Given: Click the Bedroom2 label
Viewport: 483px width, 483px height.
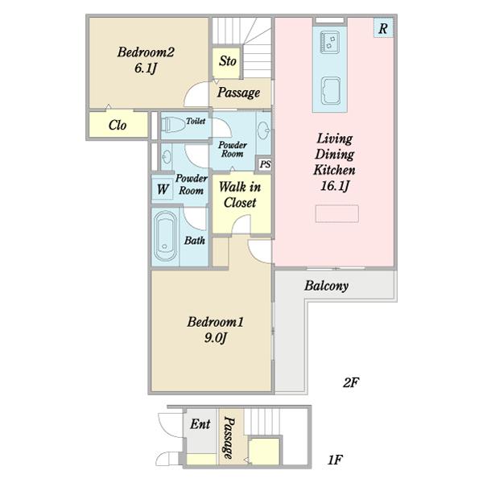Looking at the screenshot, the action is (146, 52).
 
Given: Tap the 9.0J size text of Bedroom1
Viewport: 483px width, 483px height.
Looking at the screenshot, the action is (215, 338).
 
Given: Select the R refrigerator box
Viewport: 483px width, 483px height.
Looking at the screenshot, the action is (383, 28).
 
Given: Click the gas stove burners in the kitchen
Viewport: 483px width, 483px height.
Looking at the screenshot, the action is (329, 42).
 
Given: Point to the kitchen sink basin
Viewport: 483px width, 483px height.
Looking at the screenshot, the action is (331, 90).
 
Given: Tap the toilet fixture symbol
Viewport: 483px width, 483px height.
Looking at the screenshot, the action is (172, 125).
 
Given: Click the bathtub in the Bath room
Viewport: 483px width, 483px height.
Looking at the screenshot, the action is (165, 236).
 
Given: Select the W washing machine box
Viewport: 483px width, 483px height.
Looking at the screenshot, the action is (163, 189).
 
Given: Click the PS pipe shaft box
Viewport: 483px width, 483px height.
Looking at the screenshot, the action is (265, 164).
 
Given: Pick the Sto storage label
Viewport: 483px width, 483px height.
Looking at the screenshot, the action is (228, 61).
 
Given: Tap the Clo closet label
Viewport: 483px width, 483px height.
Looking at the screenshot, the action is (118, 125).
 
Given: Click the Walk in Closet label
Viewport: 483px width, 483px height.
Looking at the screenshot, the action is (240, 194).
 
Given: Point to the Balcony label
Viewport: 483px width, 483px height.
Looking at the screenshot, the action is (326, 286).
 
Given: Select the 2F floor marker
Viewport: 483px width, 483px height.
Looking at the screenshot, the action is (351, 382).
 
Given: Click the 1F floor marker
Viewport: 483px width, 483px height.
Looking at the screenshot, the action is (335, 460).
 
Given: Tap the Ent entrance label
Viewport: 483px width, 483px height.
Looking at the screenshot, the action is (200, 424).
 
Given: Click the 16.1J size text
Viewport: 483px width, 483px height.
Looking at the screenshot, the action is (335, 186).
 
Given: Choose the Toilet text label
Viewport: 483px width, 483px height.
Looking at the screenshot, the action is (196, 121).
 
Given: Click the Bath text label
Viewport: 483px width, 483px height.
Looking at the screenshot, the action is (195, 240).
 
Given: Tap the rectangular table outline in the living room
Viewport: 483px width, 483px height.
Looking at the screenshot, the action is (337, 213).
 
